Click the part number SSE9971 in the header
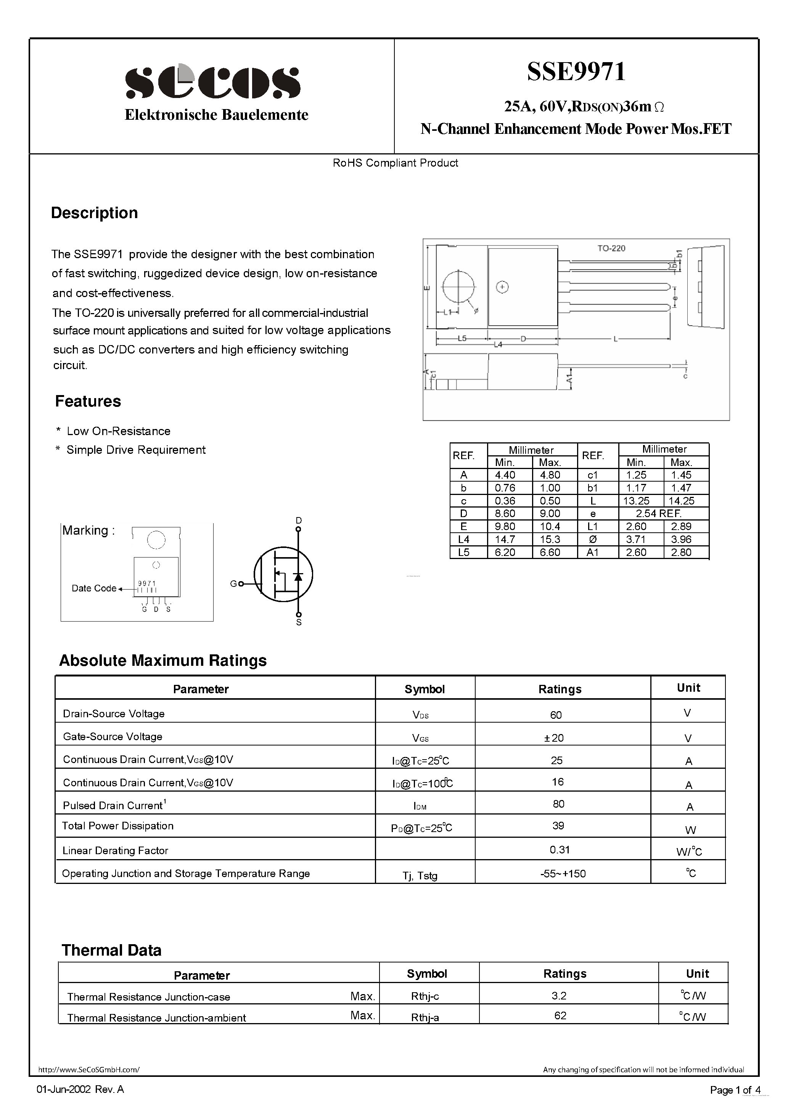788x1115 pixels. tap(576, 71)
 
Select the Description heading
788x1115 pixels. tap(94, 213)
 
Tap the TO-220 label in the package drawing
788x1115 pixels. tap(611, 248)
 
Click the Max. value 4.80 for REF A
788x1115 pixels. tap(550, 475)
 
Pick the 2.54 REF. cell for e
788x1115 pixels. tap(659, 513)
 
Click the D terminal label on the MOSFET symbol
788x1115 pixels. tap(298, 521)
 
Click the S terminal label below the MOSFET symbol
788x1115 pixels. tap(299, 622)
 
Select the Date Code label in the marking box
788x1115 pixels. tap(94, 588)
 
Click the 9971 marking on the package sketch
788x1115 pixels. tap(147, 583)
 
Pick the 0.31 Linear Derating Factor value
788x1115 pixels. tap(559, 849)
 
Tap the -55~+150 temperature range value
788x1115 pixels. tap(563, 874)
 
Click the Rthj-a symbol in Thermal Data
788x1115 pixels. tap(425, 1017)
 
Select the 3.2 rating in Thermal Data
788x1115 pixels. tap(559, 996)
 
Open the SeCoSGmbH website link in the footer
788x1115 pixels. tap(88, 1069)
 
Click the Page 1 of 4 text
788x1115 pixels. tap(735, 1090)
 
